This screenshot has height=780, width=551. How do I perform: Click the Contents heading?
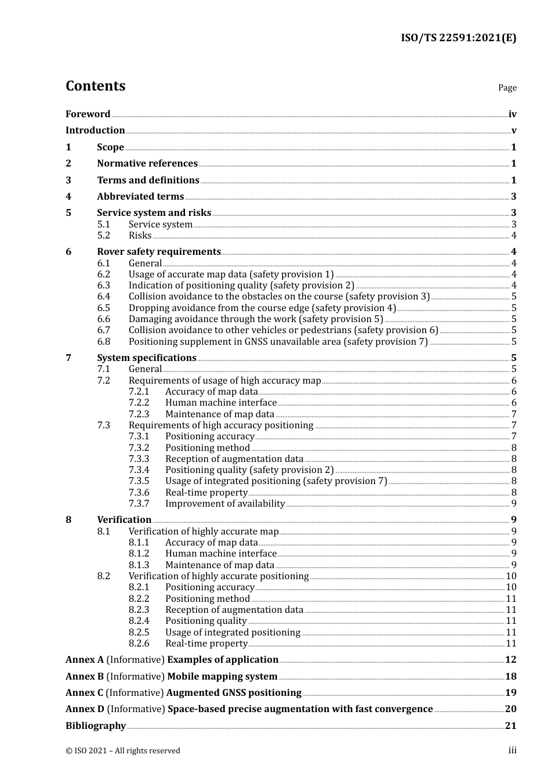click(95, 86)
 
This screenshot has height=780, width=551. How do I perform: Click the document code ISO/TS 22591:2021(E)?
click(458, 38)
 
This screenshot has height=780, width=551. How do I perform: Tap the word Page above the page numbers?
click(507, 88)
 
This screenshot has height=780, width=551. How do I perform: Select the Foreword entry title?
click(88, 114)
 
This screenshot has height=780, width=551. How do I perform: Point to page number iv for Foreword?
click(512, 114)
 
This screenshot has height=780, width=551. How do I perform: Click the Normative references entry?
click(147, 164)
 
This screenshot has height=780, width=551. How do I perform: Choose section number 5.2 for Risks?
click(103, 236)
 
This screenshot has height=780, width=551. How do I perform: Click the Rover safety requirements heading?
click(159, 252)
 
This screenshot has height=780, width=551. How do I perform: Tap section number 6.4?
click(103, 297)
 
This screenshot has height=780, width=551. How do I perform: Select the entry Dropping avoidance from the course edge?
click(262, 308)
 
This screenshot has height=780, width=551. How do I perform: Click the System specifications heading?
click(147, 358)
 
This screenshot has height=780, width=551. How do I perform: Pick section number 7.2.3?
click(139, 414)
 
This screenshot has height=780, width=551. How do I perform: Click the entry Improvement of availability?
click(225, 504)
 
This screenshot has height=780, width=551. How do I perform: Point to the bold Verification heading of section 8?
click(124, 520)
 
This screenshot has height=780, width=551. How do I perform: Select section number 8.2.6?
click(139, 644)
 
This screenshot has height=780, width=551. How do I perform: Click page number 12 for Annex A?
click(510, 660)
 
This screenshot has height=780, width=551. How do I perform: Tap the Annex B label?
click(85, 677)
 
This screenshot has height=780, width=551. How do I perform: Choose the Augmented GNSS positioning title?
click(234, 693)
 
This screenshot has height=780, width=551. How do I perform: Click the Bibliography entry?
click(96, 726)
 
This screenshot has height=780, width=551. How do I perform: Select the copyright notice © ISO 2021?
click(123, 751)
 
